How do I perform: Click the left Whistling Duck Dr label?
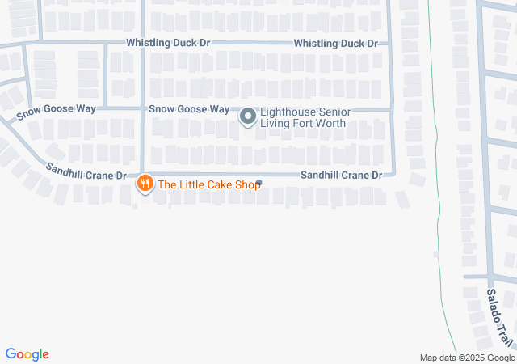coord(167,42)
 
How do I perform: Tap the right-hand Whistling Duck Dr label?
coord(335,43)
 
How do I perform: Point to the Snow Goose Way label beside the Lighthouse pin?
coord(189,109)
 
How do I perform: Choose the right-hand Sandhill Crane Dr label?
coord(341,175)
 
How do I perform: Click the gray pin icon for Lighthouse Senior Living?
coord(248,118)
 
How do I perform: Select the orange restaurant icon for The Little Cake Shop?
coord(145,184)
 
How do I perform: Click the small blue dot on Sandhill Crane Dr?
coord(258,181)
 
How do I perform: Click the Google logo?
coord(27,354)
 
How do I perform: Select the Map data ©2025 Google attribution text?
coord(467,358)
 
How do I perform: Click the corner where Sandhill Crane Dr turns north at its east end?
coord(393,173)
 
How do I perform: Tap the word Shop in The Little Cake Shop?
coord(246,184)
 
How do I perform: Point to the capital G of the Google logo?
coord(11,353)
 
